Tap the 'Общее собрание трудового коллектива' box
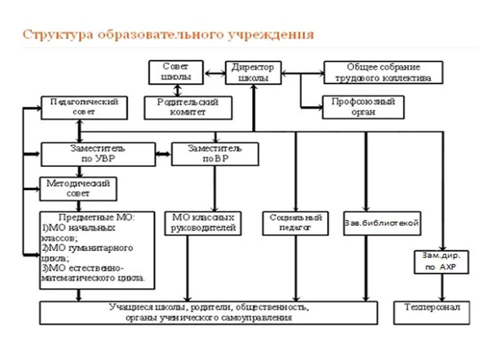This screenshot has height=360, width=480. point(383,72)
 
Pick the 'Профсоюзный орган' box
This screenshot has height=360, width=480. point(363,107)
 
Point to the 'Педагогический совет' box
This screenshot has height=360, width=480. point(84,107)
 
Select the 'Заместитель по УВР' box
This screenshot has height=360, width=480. point(98,154)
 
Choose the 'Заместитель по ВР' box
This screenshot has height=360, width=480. point(215,153)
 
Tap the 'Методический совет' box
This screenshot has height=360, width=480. point(78,188)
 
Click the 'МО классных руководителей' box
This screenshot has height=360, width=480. point(203,223)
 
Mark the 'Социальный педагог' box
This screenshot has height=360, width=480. point(296,223)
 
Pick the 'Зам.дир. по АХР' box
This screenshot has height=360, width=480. point(441,261)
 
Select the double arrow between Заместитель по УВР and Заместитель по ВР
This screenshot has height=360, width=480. point(163,154)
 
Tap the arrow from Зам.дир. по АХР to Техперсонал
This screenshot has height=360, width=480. point(441,287)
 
